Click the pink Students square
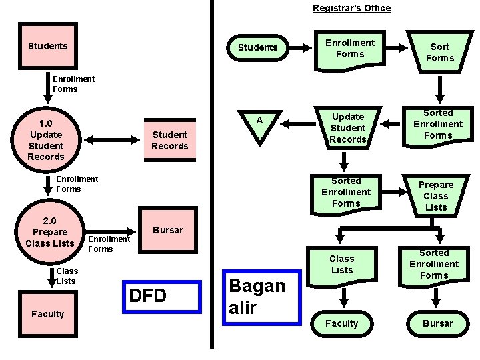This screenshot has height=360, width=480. click(48, 46)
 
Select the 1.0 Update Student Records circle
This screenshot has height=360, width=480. click(46, 140)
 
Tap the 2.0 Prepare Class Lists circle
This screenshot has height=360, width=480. click(50, 232)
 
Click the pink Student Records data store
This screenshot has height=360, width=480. click(170, 140)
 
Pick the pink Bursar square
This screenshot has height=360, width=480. click(168, 230)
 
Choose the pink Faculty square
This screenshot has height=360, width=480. click(48, 314)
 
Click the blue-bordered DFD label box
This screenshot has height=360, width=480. click(162, 297)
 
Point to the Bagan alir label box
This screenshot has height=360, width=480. click(262, 297)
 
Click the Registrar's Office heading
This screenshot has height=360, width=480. click(352, 8)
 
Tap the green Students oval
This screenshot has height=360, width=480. click(258, 48)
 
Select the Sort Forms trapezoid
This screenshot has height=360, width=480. click(440, 52)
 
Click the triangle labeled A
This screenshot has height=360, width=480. click(260, 125)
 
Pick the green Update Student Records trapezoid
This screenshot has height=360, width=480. click(348, 128)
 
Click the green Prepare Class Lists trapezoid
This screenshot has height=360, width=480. click(436, 196)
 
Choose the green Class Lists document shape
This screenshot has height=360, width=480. click(342, 267)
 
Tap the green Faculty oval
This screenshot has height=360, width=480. click(341, 323)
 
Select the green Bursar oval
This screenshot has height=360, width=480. click(438, 323)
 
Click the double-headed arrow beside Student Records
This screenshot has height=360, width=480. click(112, 140)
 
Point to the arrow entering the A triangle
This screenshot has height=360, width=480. click(298, 124)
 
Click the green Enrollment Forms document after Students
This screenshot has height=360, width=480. click(350, 51)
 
